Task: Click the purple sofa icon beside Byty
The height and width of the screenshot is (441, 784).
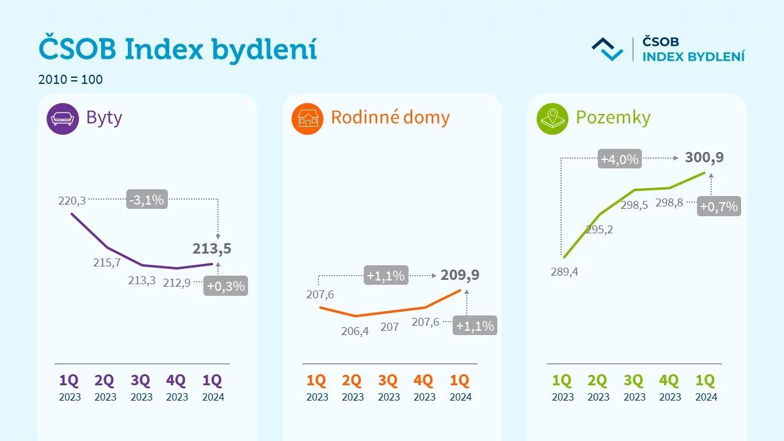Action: click(x=62, y=118)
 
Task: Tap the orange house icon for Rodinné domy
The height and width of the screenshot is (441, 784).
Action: click(x=307, y=118)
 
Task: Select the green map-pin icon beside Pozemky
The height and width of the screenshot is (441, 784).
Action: click(x=552, y=118)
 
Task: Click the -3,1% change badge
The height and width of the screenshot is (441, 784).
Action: click(x=147, y=199)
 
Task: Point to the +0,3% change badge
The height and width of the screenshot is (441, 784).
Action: click(x=225, y=285)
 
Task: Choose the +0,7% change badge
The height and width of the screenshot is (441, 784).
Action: click(x=718, y=206)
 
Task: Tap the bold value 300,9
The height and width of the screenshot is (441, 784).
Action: click(x=704, y=157)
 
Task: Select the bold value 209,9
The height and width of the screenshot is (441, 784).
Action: click(x=460, y=275)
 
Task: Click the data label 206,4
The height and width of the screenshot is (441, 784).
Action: click(x=355, y=331)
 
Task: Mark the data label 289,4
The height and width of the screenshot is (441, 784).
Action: click(x=564, y=272)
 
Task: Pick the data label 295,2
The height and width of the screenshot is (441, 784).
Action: click(x=600, y=230)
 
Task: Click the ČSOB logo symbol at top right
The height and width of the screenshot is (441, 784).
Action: click(x=607, y=49)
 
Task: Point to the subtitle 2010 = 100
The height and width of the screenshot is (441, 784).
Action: click(x=70, y=80)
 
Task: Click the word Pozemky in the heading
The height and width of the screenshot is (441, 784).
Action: click(x=613, y=118)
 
